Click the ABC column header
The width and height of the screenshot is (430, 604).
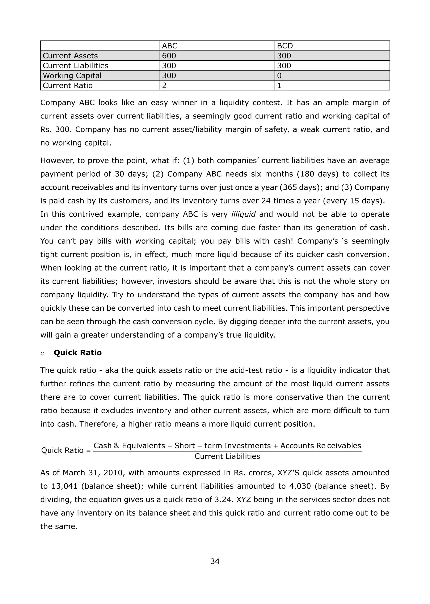pos(169,46)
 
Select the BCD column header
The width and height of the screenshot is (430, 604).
pos(285,46)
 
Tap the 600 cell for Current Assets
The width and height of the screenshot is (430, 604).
pos(169,56)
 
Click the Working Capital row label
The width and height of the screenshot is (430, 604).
pos(72,76)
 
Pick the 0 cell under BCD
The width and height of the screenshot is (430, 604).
pos(279,76)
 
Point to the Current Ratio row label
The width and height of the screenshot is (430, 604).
pos(68,86)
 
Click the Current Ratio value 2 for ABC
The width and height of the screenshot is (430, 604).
pos(164,86)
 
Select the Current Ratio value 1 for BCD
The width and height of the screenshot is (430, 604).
pos(279,86)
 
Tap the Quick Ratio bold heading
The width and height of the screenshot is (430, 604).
pos(77,353)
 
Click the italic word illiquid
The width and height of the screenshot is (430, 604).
pos(243,214)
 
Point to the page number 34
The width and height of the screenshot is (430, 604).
pos(215,561)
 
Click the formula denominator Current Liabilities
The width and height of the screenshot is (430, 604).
pos(227,456)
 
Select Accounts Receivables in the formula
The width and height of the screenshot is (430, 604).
pos(321,446)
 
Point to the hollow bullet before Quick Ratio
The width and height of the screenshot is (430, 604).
pos(43,354)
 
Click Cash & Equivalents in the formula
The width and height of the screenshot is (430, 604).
pos(129,446)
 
